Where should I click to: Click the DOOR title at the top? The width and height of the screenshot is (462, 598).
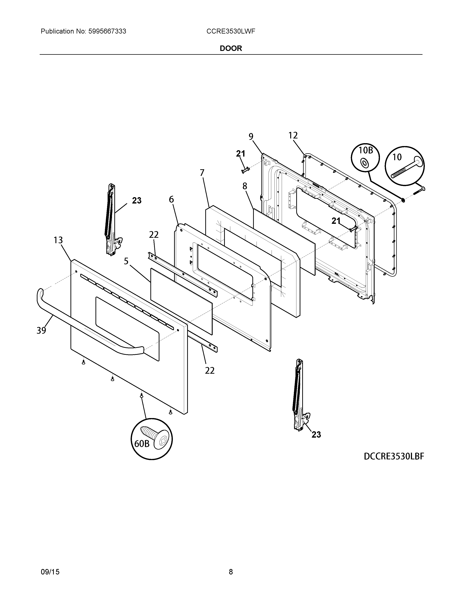pyautogui.click(x=231, y=48)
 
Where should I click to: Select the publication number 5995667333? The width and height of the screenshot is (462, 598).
pyautogui.click(x=107, y=32)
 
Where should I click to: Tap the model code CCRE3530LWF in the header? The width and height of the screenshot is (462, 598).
pyautogui.click(x=231, y=32)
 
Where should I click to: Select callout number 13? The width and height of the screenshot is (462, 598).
pyautogui.click(x=58, y=240)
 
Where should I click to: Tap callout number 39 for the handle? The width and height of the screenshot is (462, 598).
pyautogui.click(x=41, y=331)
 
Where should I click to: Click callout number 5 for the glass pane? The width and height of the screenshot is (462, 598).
pyautogui.click(x=126, y=261)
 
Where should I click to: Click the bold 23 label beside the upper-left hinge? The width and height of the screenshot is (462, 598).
pyautogui.click(x=137, y=201)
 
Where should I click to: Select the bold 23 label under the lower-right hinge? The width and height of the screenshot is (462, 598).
pyautogui.click(x=316, y=435)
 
